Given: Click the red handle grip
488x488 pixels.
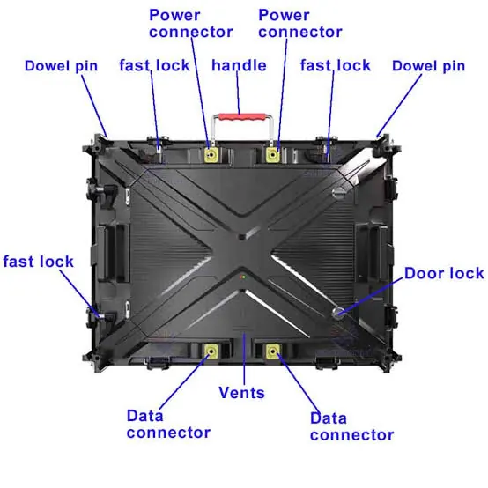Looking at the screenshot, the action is coord(242,117).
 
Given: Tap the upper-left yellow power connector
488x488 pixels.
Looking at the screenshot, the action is coord(211,155).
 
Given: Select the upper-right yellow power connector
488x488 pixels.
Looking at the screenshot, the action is coord(273,155).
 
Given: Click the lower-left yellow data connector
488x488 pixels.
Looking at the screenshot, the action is coord(211,351).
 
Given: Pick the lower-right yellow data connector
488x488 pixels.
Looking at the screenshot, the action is coord(273,351).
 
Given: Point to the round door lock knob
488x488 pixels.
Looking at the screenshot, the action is coord(338,312).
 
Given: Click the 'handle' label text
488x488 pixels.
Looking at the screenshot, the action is coord(239,66).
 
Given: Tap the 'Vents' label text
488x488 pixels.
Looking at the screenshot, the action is coord(241,393).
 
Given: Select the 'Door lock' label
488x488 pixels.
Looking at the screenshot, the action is coord(444,274).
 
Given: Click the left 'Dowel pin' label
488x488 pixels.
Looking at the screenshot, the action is coord(61,66).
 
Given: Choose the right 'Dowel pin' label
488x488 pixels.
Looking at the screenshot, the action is coord(428,66).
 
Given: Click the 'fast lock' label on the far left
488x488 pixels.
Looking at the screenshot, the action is coord(38,262).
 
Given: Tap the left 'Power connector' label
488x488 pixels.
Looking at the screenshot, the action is coord(191,24).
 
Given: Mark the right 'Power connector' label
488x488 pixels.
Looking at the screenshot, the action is coord(300,24).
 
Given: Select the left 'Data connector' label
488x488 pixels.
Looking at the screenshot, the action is coord(168,425).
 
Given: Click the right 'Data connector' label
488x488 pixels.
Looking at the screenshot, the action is coord(352,426).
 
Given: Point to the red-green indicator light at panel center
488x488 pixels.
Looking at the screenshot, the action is coord(242,277).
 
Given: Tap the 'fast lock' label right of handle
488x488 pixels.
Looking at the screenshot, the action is coord(336,66).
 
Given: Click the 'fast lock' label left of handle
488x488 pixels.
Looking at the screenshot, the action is coord(154,66).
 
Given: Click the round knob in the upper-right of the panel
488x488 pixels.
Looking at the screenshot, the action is coord(339,192).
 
